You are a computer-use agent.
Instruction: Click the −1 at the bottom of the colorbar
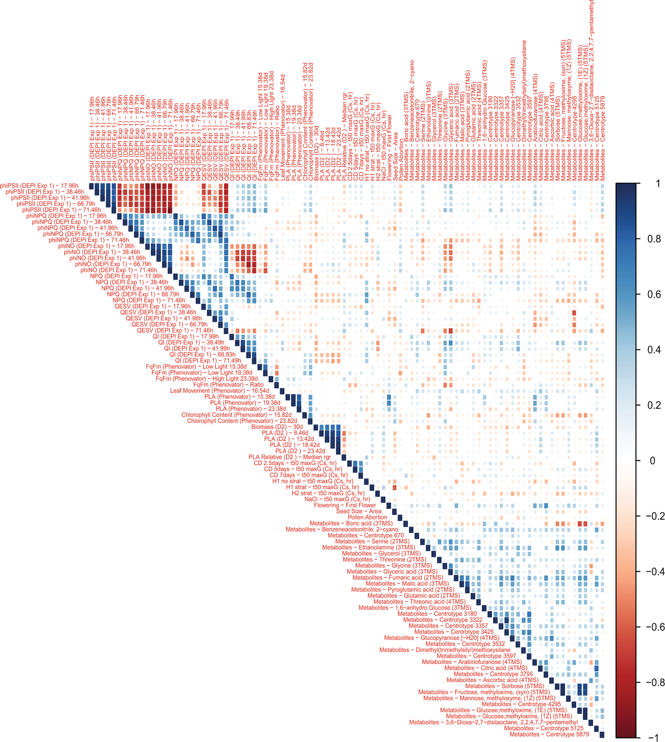pyautogui.click(x=655, y=737)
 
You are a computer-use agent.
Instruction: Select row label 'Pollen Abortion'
pyautogui.click(x=367, y=517)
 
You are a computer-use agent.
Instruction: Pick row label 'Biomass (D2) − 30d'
pyautogui.click(x=277, y=427)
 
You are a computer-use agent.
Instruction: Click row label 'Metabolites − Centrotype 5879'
pyautogui.click(x=549, y=734)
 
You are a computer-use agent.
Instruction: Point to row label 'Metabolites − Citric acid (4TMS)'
pyautogui.click(x=486, y=668)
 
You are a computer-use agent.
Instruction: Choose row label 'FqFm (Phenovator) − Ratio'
pyautogui.click(x=228, y=384)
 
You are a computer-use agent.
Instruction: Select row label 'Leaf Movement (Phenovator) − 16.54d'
pyautogui.click(x=219, y=391)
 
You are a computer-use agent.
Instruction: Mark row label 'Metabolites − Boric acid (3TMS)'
pyautogui.click(x=351, y=523)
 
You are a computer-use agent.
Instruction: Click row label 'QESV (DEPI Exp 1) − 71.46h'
pyautogui.click(x=175, y=331)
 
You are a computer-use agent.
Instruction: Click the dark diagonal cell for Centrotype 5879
pyautogui.click(x=602, y=734)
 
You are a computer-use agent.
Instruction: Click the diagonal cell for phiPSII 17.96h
pyautogui.click(x=91, y=186)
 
